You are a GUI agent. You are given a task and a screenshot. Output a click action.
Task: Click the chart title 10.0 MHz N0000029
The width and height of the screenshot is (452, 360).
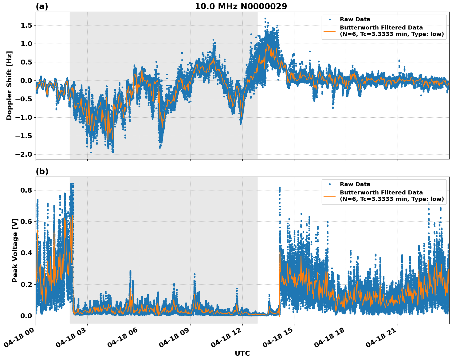(x=241, y=6)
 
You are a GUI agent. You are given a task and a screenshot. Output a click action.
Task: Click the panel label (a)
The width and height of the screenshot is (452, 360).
(x=42, y=6)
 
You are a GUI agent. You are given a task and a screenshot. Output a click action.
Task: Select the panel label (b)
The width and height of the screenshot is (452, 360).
(x=42, y=171)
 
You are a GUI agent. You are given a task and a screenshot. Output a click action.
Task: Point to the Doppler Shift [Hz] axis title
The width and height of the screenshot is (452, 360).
(x=9, y=85)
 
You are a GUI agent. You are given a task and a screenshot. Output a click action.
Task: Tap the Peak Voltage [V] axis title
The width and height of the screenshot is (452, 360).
(x=15, y=250)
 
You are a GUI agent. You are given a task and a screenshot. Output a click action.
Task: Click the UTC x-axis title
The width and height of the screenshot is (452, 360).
(x=242, y=353)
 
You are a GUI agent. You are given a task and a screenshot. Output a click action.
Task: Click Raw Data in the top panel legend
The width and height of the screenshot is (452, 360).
(x=355, y=19)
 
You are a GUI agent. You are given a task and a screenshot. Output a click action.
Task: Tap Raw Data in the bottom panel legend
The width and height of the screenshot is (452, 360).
(x=355, y=184)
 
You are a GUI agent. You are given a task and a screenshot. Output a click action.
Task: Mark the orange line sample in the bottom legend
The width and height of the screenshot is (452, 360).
(x=329, y=196)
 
